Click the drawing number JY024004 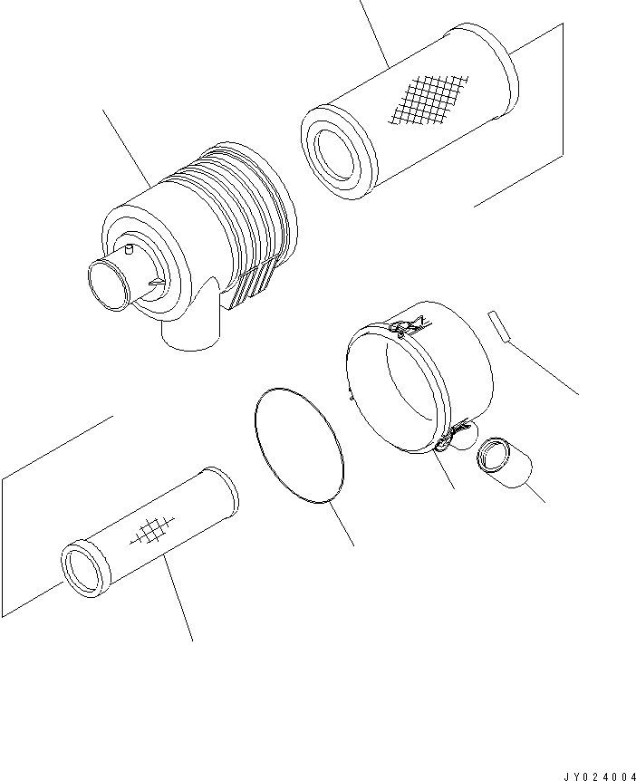(x=599, y=776)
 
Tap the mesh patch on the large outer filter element (x=429, y=100)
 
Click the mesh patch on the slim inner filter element (x=152, y=530)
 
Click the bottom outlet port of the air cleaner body (x=190, y=333)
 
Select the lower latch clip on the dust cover (x=452, y=432)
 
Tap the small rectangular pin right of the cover (x=498, y=327)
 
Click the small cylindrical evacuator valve (x=504, y=462)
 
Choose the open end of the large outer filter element (x=337, y=152)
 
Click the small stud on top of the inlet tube (x=130, y=249)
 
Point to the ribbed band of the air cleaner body (x=234, y=209)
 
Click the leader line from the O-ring (x=342, y=525)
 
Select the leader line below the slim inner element (x=178, y=598)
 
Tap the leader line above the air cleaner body (x=128, y=149)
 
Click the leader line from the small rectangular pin (x=543, y=368)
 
